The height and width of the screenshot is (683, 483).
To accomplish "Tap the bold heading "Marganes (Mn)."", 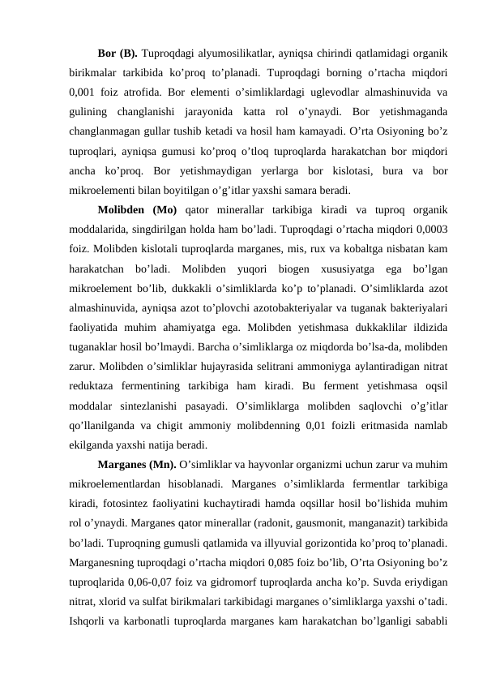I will coord(134,464).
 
